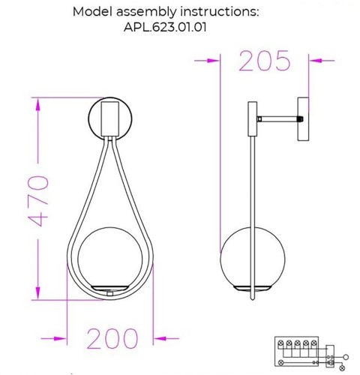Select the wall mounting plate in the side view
tap(304, 118)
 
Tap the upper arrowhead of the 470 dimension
tap(36, 104)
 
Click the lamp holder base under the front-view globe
tap(110, 290)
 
